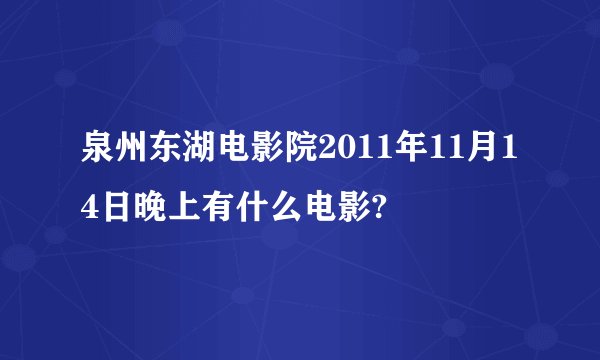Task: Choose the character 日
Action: [x=115, y=209]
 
